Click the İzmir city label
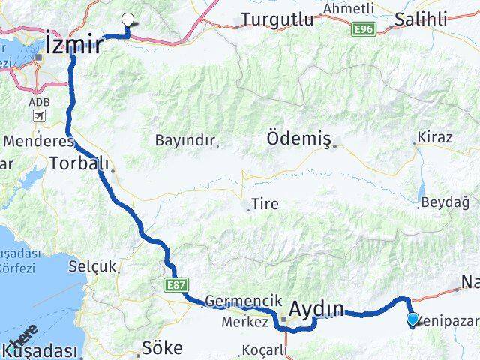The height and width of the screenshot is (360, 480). click(x=73, y=43)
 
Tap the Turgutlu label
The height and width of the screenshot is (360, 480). click(x=277, y=20)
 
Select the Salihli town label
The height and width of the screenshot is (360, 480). click(x=425, y=19)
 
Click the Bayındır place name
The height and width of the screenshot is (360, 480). click(x=185, y=139)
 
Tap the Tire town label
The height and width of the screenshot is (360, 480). click(x=259, y=202)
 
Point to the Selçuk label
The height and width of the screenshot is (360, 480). click(x=93, y=265)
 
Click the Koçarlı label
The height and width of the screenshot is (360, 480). click(x=265, y=350)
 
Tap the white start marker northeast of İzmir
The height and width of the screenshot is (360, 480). click(x=129, y=21)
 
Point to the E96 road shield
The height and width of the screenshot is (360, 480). click(x=364, y=28)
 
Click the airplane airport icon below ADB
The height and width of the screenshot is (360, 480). click(x=38, y=116)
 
